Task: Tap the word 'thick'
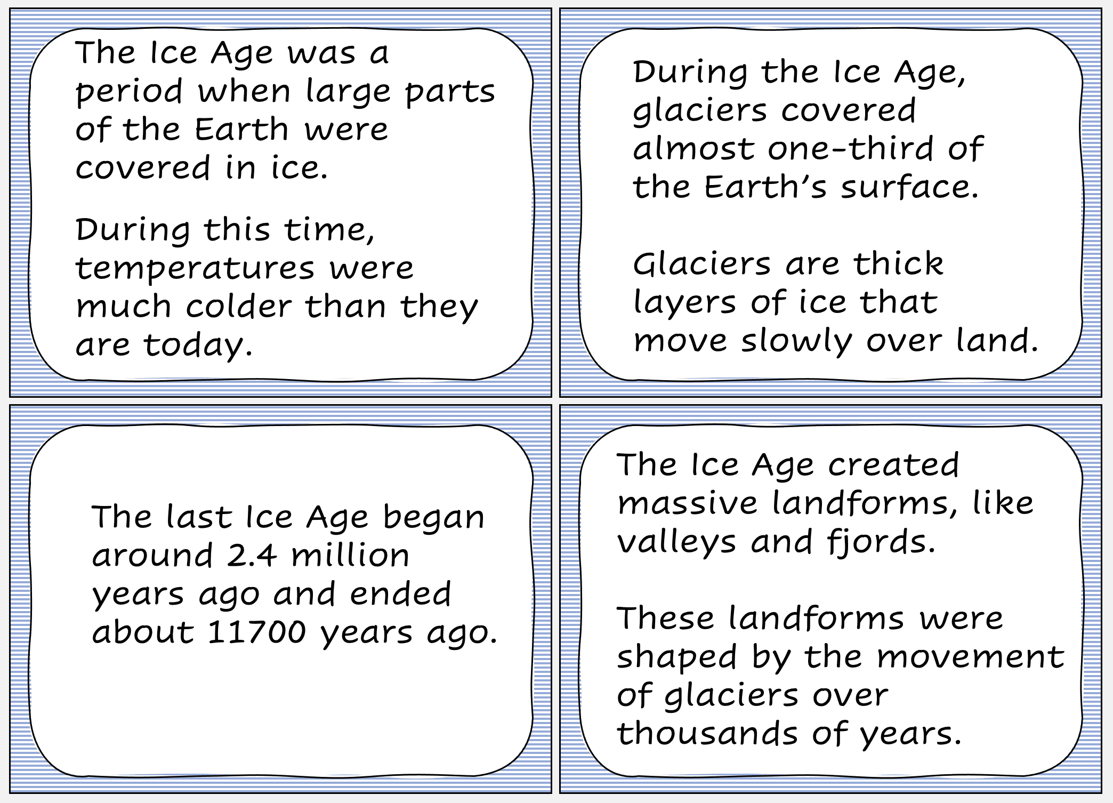tap(898, 263)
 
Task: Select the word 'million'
tap(350, 556)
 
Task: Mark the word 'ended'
tap(400, 594)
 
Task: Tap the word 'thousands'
tap(707, 733)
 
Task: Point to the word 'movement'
tap(971, 657)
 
